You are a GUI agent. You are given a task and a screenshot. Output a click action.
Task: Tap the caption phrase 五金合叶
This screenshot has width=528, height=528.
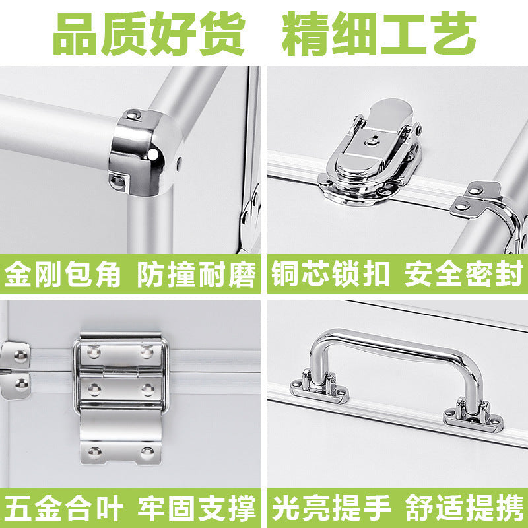(x=63, y=510)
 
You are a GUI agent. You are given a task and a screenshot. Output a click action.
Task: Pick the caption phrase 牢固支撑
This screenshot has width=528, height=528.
(x=196, y=510)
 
